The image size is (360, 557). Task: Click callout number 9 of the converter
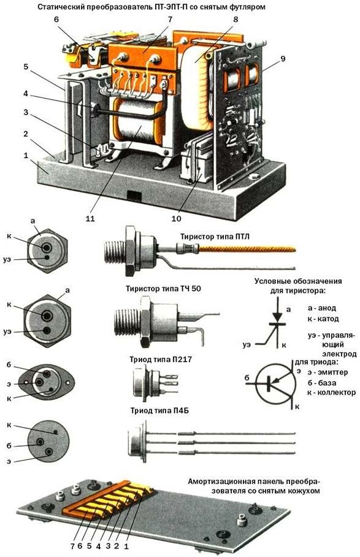coord(283,59)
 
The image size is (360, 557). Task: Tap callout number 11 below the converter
coord(90,219)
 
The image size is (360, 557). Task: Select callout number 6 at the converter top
coord(56,20)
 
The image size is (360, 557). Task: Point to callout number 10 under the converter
coord(176,219)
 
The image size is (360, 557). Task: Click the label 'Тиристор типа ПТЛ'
coord(215,237)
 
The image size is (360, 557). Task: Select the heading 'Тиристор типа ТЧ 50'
coord(163,289)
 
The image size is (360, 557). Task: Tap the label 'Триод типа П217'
coord(161,360)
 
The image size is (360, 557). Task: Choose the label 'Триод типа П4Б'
coord(159,411)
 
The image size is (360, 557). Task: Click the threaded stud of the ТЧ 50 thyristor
coord(126,322)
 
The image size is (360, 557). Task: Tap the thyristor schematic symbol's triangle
coord(277,316)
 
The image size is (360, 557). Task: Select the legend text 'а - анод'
coord(321,308)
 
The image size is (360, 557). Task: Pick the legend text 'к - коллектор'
coord(331,393)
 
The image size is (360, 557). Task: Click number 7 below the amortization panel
coord(72,547)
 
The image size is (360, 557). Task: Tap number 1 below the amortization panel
coord(125,547)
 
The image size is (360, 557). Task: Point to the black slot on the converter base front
coord(134,195)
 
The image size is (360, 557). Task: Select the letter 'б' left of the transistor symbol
coord(247,378)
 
